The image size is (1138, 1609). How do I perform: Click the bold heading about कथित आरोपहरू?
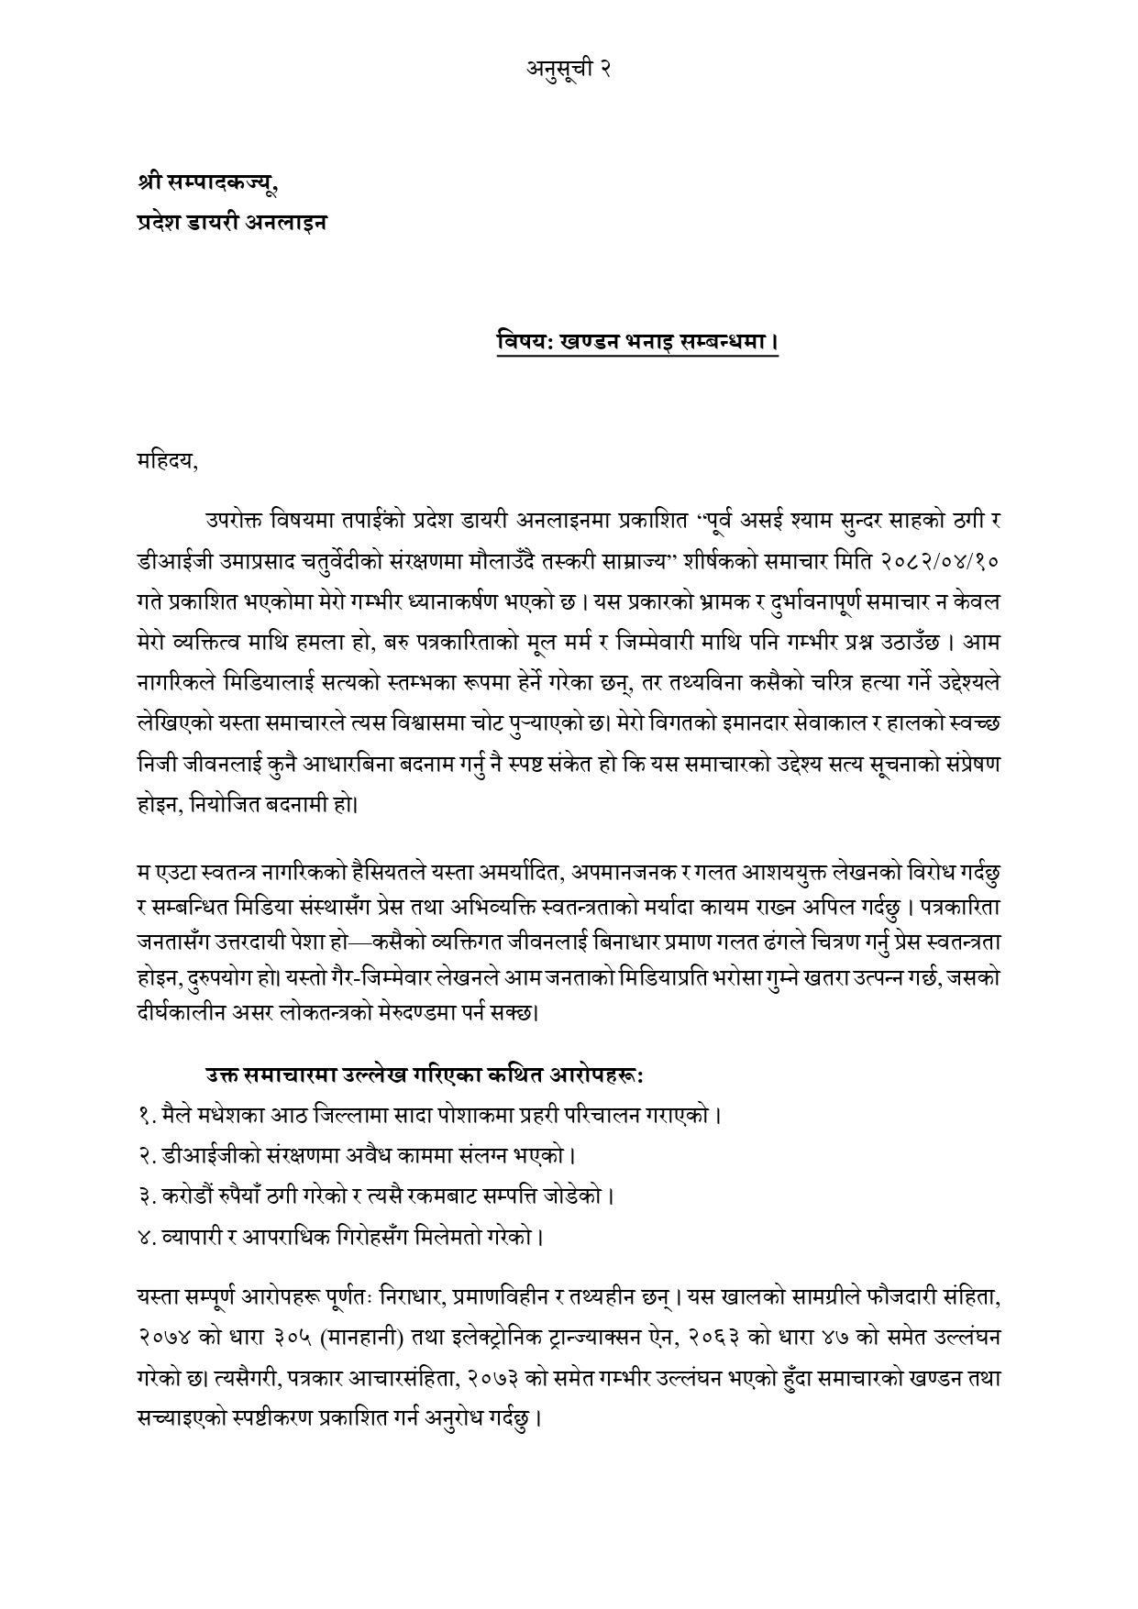click(x=424, y=1074)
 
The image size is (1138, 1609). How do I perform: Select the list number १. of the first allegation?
click(x=143, y=1116)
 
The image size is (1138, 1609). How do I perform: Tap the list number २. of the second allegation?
click(x=143, y=1156)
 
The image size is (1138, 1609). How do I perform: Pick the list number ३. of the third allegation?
click(x=143, y=1196)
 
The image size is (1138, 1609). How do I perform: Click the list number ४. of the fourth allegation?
click(x=143, y=1237)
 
